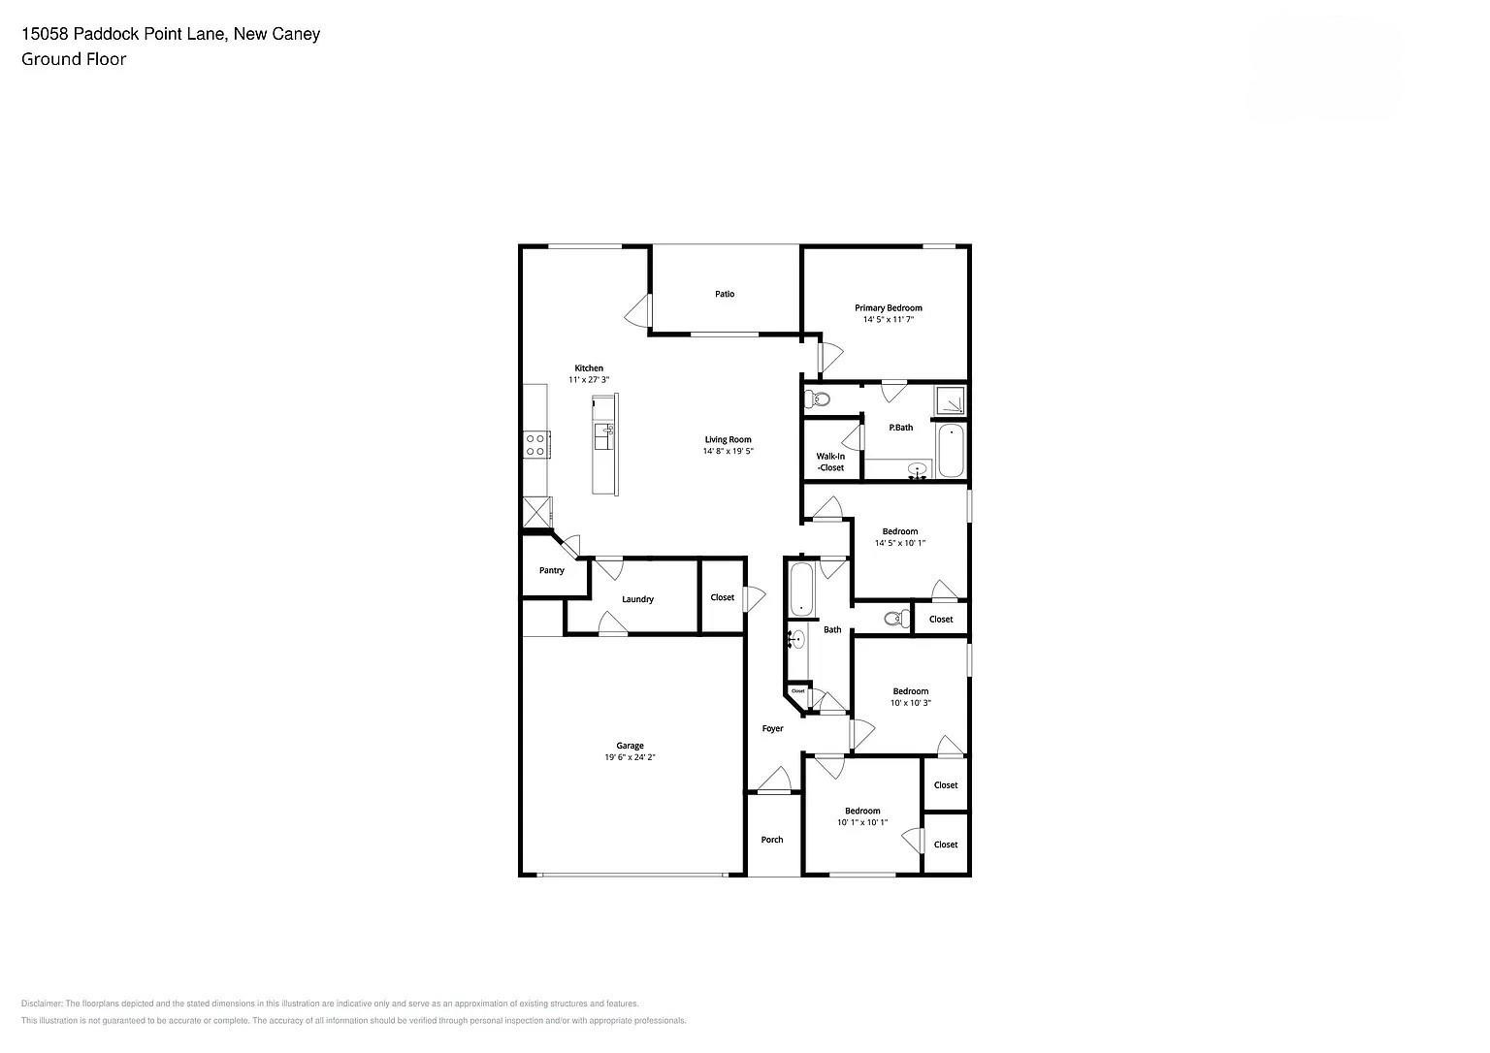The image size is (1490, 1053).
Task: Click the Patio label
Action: click(725, 294)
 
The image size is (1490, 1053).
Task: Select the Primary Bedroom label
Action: click(888, 308)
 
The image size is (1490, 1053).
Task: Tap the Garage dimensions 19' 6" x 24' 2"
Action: click(630, 757)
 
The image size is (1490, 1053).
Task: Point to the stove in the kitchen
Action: click(534, 445)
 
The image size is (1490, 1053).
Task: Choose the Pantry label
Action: click(552, 570)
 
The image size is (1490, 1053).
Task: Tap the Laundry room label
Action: click(637, 599)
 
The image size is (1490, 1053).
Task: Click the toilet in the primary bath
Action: click(820, 399)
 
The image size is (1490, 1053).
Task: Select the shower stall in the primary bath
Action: click(950, 399)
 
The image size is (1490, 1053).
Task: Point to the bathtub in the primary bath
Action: click(950, 450)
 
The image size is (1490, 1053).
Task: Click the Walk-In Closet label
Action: click(830, 462)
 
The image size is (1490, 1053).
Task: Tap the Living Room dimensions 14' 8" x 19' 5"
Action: click(728, 452)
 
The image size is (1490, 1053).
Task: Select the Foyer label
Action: click(772, 728)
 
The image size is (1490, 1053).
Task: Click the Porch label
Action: click(772, 840)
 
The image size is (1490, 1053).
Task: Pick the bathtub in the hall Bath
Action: click(800, 589)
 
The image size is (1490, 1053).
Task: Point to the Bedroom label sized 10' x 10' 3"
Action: click(910, 691)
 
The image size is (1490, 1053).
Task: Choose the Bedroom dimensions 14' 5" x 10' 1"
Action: click(899, 544)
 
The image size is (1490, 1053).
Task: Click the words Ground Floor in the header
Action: click(74, 59)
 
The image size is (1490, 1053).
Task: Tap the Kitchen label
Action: click(589, 368)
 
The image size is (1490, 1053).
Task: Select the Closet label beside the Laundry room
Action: click(723, 597)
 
